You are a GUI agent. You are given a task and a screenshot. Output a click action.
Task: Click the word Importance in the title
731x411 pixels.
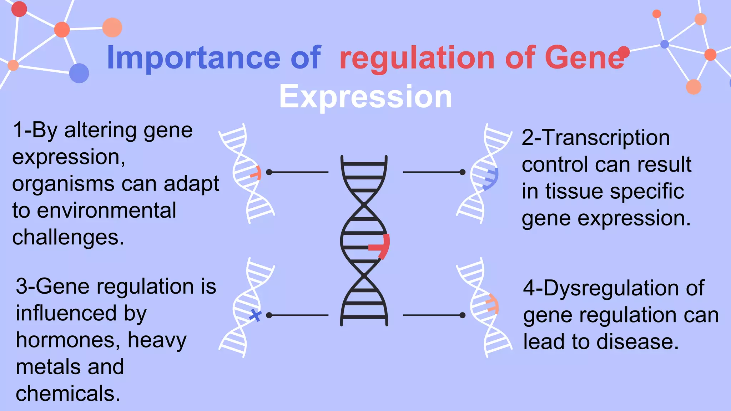[x=193, y=58]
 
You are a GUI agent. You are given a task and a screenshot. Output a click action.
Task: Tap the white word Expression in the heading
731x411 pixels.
[x=365, y=97]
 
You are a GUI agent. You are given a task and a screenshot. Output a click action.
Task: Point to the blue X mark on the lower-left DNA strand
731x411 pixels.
[x=255, y=315]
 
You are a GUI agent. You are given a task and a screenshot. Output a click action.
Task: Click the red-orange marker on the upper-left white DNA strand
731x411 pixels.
[x=257, y=173]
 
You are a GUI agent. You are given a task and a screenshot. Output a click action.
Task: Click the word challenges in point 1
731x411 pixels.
[x=68, y=237]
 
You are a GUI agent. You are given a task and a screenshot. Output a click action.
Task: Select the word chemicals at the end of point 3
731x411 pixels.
[x=68, y=394]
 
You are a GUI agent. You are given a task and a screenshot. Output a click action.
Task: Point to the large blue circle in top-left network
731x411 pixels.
[x=79, y=73]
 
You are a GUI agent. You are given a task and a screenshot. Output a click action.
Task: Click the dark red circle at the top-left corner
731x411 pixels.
[x=19, y=9]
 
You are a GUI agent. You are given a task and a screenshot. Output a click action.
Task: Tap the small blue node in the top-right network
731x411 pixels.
[x=665, y=45]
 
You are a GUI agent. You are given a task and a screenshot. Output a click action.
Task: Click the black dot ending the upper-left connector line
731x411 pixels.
[x=269, y=172]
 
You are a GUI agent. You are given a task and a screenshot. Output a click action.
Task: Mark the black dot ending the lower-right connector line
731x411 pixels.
[x=463, y=315]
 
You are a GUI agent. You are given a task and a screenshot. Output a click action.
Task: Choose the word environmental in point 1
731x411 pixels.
[x=106, y=210]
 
